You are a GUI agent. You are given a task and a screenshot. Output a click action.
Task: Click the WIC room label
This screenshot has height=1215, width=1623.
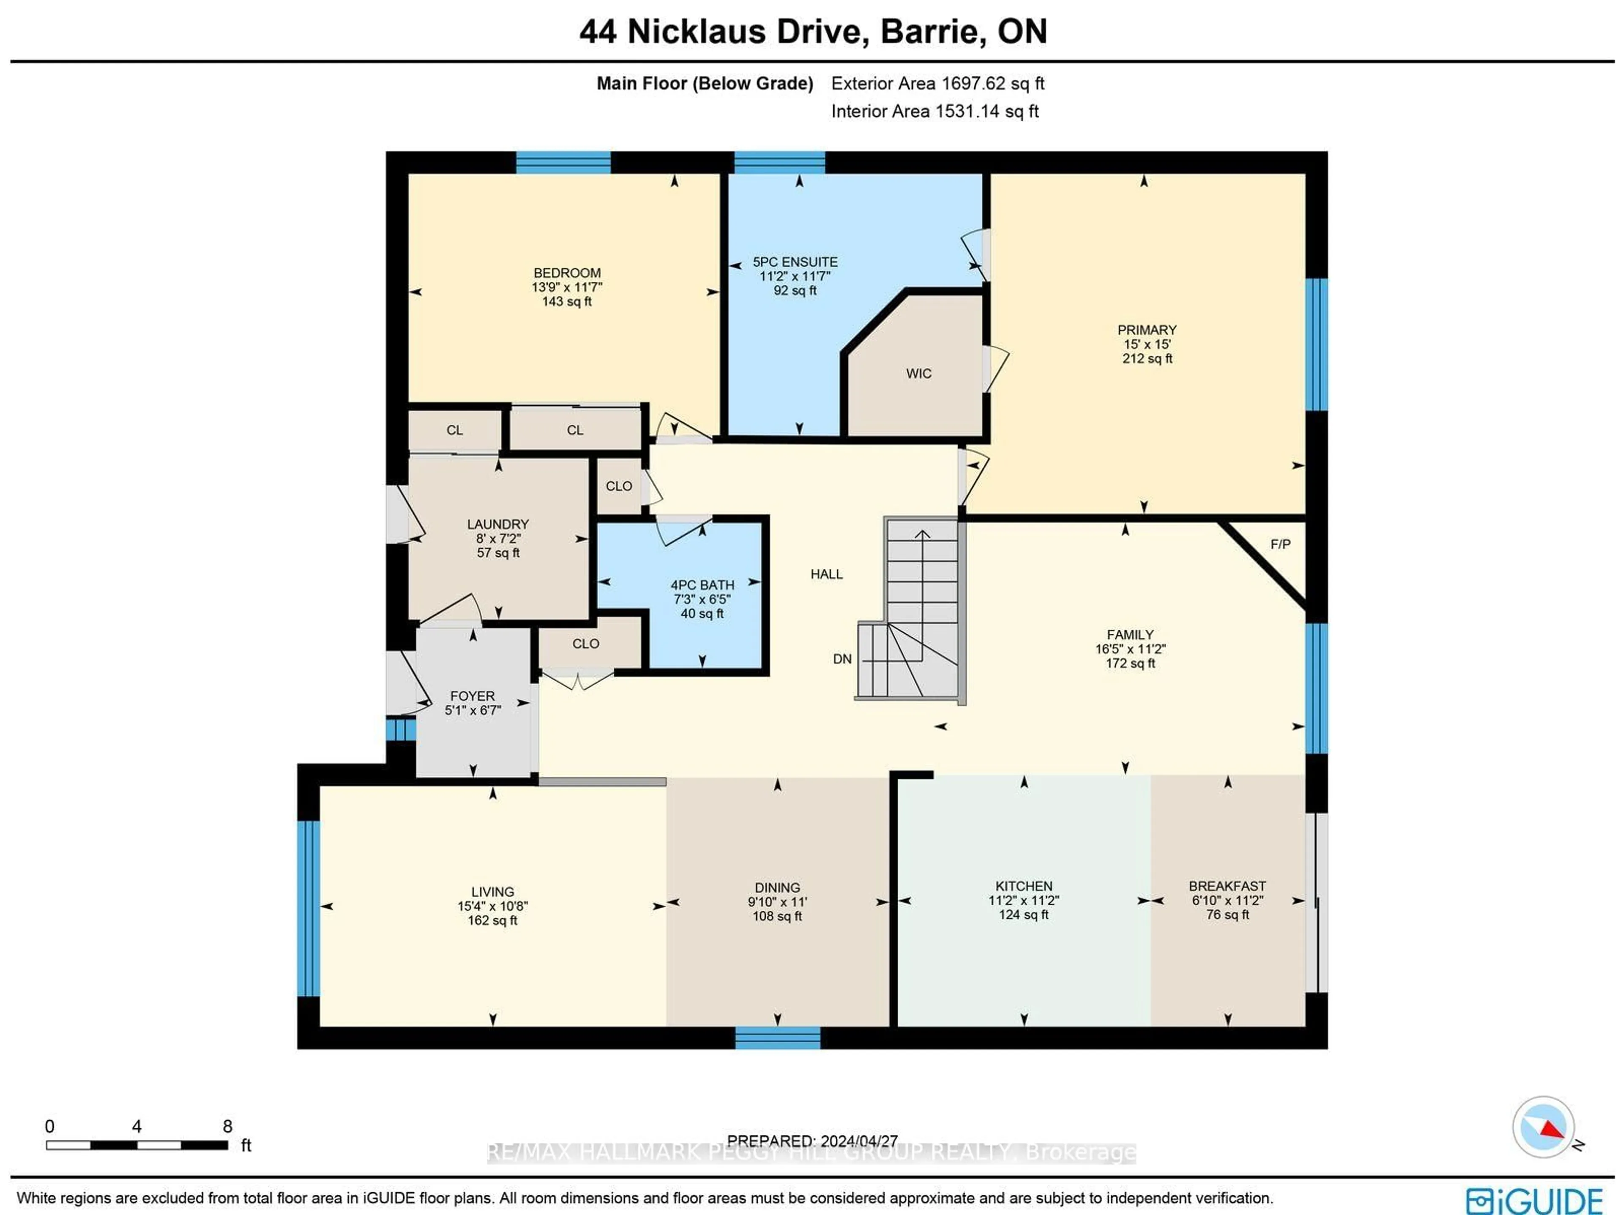[x=918, y=374]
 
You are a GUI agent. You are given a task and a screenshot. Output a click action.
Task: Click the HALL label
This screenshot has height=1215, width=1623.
[x=826, y=574]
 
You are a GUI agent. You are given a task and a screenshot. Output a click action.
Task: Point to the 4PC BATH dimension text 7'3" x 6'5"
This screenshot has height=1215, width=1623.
[x=702, y=599]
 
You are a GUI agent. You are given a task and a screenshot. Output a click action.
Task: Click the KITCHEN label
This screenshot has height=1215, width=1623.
[x=1024, y=886]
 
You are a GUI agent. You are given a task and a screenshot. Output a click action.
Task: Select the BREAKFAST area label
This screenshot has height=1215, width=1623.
[x=1227, y=886]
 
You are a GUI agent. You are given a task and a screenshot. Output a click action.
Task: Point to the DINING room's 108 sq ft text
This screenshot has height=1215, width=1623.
[x=777, y=916]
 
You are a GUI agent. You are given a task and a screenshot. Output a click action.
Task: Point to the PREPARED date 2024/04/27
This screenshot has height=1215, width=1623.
[x=858, y=1141]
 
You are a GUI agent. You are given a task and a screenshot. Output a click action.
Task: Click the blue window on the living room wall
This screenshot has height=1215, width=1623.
[x=308, y=908]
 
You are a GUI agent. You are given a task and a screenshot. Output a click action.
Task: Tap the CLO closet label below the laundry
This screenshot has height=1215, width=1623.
[x=585, y=644]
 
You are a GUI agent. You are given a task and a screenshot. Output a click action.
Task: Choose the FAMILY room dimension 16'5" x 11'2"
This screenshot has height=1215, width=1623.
[x=1130, y=649]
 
